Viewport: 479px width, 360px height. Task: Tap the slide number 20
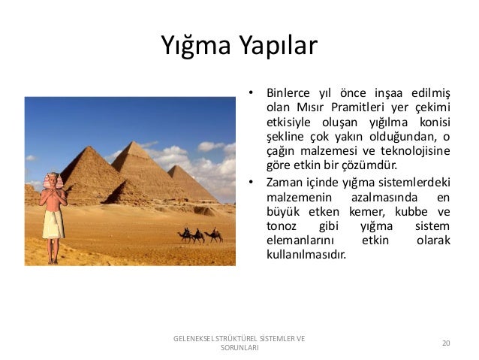(x=446, y=343)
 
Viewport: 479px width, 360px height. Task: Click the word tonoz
(x=281, y=225)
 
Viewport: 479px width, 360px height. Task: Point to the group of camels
(x=200, y=235)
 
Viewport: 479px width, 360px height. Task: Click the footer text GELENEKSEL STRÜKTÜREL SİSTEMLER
(x=239, y=338)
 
